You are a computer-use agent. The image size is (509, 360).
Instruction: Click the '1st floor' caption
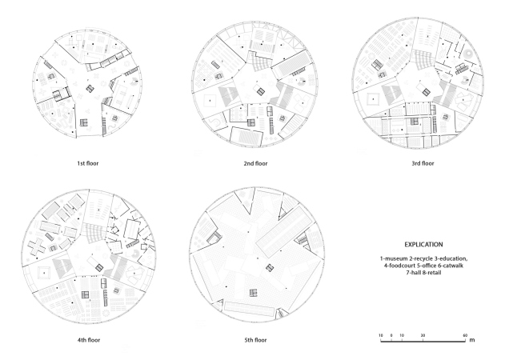pyautogui.click(x=88, y=163)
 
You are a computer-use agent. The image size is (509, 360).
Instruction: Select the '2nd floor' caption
pyautogui.click(x=255, y=163)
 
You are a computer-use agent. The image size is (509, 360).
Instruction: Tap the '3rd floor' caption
pyautogui.click(x=423, y=163)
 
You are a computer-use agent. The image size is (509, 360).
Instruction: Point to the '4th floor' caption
pyautogui.click(x=89, y=340)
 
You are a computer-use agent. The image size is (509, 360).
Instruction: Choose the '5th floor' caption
pyautogui.click(x=255, y=340)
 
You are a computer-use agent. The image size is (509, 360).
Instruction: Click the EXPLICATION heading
pyautogui.click(x=423, y=245)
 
